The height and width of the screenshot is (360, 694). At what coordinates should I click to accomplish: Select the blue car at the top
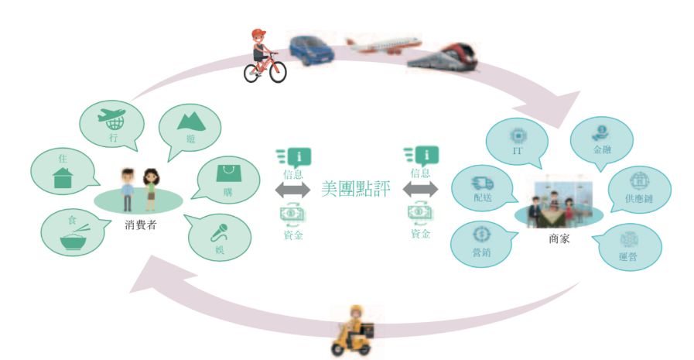311,49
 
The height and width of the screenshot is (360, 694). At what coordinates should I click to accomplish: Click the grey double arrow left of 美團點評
292,190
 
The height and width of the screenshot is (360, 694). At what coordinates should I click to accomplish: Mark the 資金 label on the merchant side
420,233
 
